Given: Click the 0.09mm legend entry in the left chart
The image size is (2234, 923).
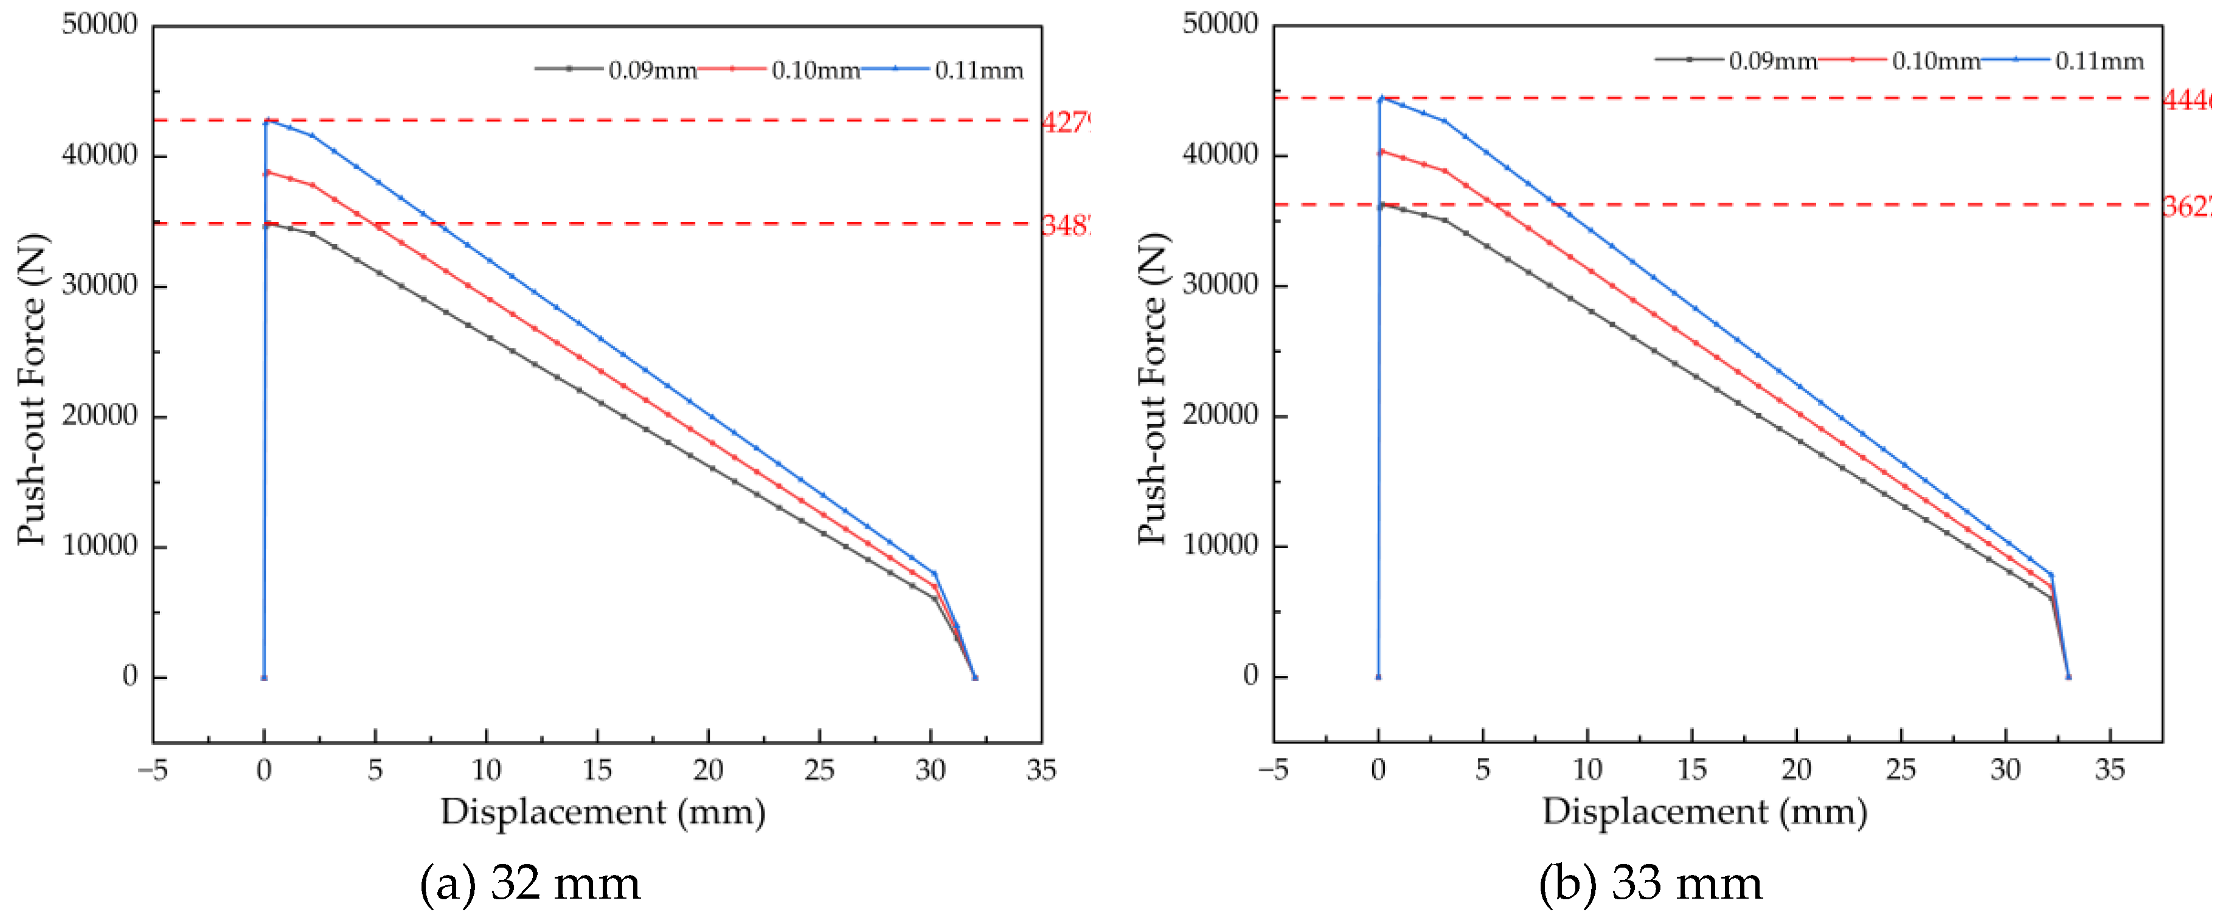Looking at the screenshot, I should pos(651,70).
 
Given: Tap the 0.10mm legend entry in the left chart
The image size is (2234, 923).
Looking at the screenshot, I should pos(814,70).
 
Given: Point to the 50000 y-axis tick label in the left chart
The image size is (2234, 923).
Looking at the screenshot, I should pos(100,24).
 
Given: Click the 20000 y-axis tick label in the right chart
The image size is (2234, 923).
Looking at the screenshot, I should pos(1220,415).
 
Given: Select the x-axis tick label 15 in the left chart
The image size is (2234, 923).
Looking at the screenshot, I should pos(597,770).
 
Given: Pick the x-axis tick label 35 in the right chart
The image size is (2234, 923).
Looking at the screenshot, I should pos(2109,770).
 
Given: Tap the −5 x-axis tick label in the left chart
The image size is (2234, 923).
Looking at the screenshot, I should pos(153,770).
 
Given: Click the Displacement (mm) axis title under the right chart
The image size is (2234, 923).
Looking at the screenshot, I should pos(1704,812).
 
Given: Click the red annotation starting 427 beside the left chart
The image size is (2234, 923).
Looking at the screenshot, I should pos(1065,122).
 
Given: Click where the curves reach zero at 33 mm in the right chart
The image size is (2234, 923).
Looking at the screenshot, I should pos(2069,677).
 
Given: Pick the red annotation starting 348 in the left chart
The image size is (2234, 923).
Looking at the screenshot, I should pos(1065,226).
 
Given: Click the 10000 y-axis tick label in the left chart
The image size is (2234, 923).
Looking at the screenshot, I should pos(100,546).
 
